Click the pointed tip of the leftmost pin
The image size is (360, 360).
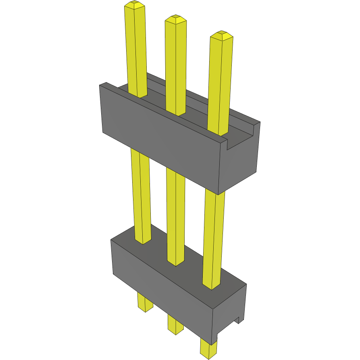tap(135, 5)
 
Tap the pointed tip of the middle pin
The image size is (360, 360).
tap(176, 19)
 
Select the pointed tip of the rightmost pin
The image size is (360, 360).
tap(221, 35)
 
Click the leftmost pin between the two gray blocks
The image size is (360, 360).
tap(141, 194)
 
